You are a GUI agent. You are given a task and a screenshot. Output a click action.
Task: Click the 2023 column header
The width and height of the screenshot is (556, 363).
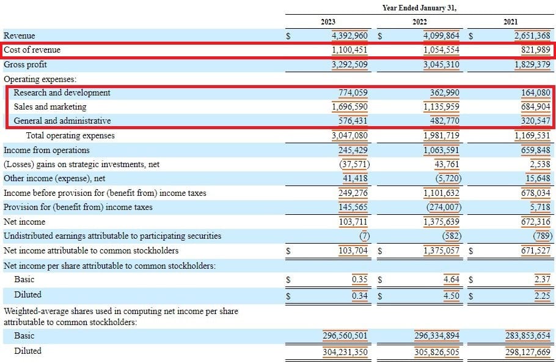pyautogui.click(x=327, y=22)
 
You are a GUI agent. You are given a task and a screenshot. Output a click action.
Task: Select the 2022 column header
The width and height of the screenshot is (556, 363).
pyautogui.click(x=419, y=22)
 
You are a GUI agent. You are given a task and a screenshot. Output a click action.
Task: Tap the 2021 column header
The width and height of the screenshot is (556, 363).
pyautogui.click(x=510, y=22)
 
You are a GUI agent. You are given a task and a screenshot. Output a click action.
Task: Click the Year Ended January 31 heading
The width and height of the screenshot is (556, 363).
pyautogui.click(x=419, y=8)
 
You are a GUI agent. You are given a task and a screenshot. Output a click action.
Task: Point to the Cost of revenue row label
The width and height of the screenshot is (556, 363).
pyautogui.click(x=32, y=50)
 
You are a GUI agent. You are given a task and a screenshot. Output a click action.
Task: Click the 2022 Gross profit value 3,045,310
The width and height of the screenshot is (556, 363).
pyautogui.click(x=441, y=64)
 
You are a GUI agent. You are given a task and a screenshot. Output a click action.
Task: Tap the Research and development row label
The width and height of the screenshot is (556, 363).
pyautogui.click(x=62, y=92)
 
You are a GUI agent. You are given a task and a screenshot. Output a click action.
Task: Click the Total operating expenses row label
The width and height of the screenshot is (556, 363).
pyautogui.click(x=70, y=135)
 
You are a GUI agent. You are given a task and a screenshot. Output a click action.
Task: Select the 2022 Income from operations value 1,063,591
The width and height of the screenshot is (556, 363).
pyautogui.click(x=441, y=150)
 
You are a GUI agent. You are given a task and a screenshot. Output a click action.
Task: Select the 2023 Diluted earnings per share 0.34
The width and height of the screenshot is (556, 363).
pyautogui.click(x=359, y=294)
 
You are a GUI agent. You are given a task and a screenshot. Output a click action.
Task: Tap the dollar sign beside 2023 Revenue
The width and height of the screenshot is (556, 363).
pyautogui.click(x=288, y=36)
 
